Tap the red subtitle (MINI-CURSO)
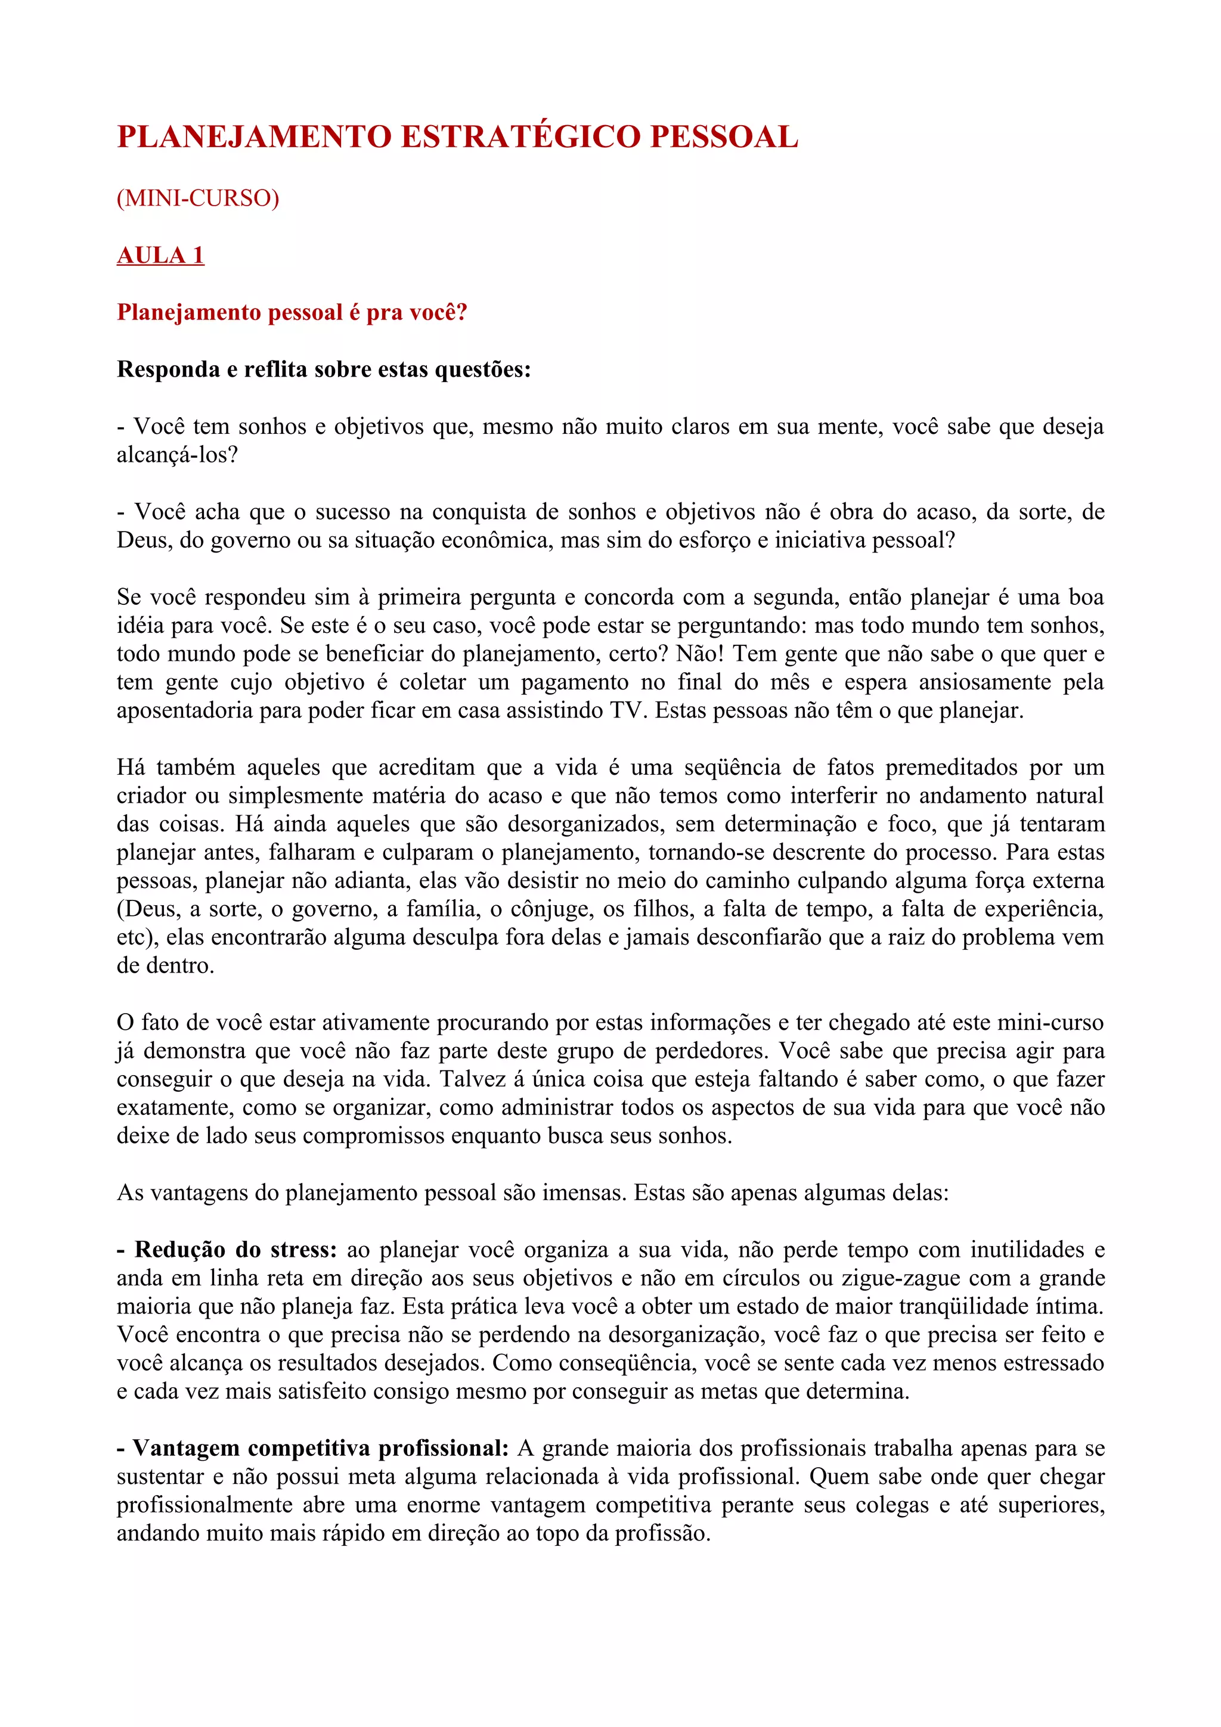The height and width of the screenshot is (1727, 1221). (x=198, y=198)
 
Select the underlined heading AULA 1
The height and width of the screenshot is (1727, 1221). (x=160, y=255)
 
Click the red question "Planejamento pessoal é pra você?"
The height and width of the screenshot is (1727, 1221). (x=292, y=312)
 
